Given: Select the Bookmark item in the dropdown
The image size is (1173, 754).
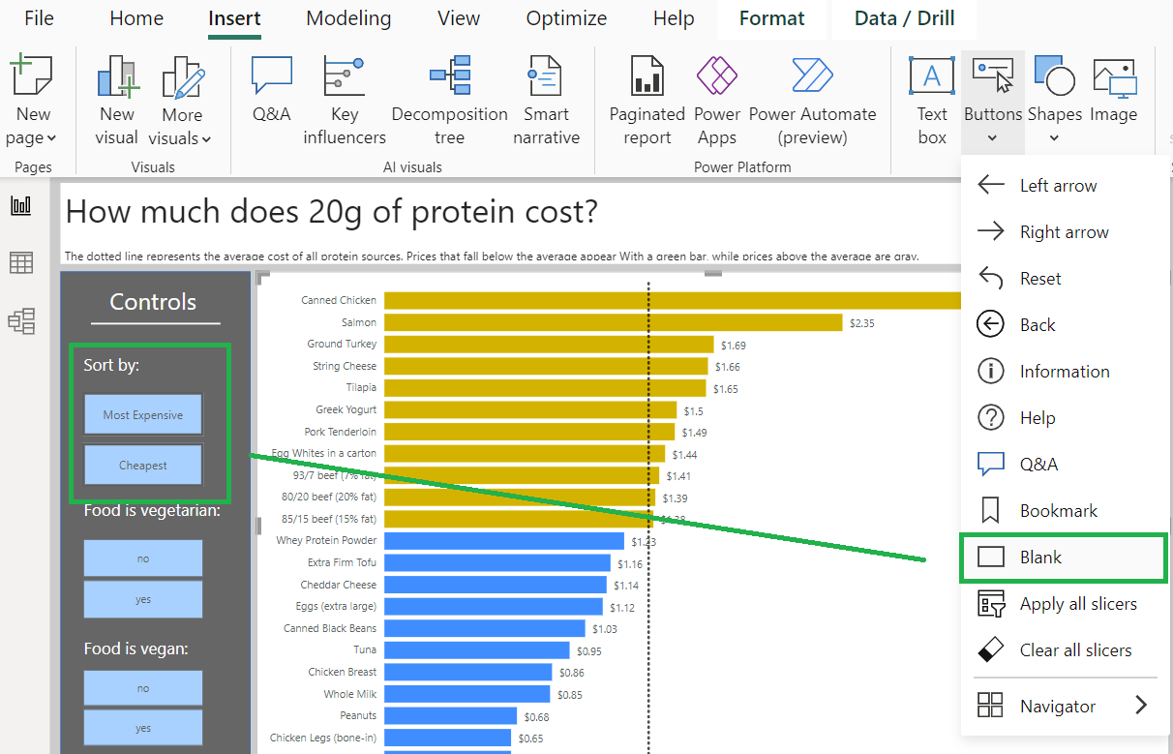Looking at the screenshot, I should coord(1058,511).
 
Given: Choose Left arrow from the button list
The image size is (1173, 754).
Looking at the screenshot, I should coord(1058,186).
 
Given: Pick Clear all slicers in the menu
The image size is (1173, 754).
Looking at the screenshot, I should coord(1074,650).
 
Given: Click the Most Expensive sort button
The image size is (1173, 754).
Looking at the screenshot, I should coord(143,415).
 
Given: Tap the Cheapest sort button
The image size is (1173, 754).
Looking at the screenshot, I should coord(143,466).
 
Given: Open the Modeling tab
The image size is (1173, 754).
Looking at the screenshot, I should coord(348,18).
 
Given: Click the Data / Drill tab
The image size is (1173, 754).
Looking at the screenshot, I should coord(904,18).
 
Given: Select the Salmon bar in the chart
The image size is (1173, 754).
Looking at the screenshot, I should coord(613,322).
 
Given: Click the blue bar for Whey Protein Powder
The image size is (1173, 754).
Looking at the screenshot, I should coord(503,541).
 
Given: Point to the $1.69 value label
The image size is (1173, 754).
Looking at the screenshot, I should coord(734,346).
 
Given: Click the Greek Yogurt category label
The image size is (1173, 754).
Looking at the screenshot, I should coord(346,409).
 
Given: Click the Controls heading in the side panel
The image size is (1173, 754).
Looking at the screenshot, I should coord(153,302).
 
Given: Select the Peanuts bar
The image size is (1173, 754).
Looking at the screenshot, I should coord(450,716).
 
